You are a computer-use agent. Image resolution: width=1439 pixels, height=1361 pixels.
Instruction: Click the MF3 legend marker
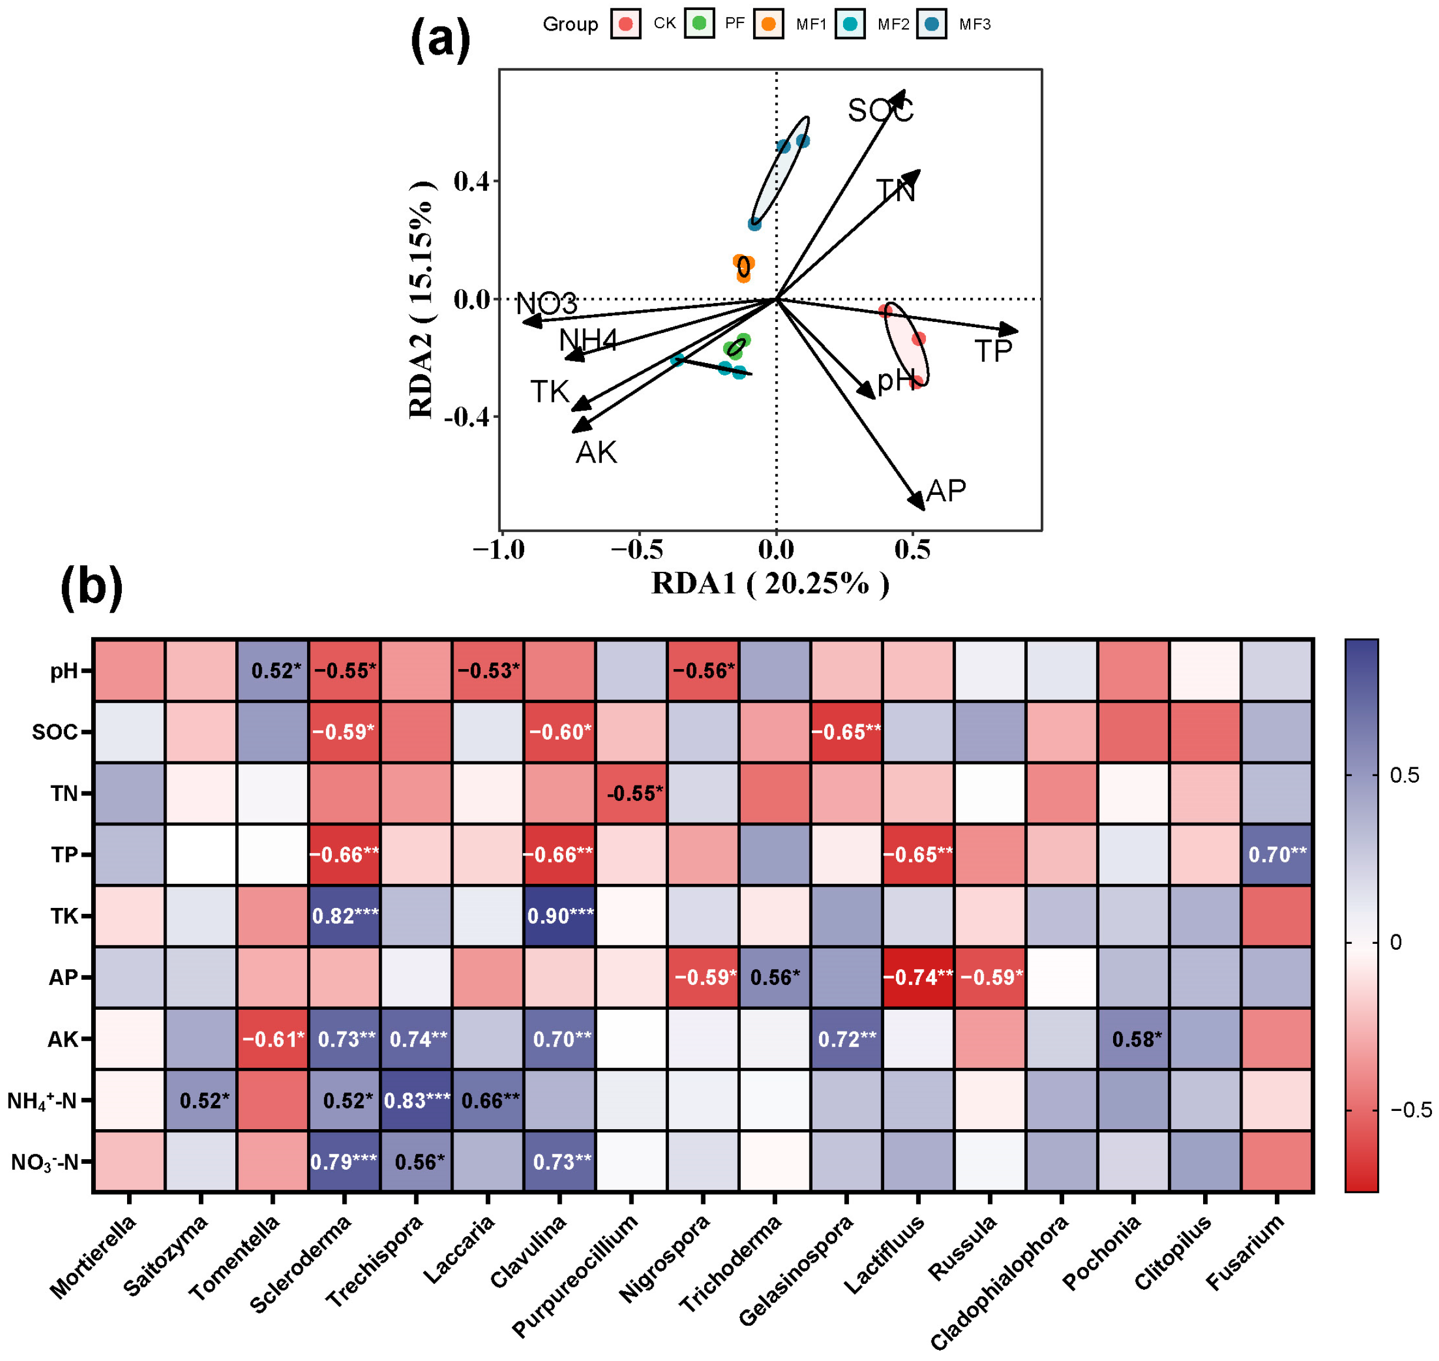pos(932,24)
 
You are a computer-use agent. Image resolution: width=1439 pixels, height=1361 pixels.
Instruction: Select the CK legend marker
pos(625,24)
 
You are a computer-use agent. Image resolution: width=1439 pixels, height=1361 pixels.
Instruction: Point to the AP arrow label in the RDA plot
pos(946,491)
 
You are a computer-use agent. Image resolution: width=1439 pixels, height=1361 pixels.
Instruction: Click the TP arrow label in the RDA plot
pos(993,351)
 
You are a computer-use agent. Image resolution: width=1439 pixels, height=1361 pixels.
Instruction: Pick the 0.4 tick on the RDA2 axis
pos(471,181)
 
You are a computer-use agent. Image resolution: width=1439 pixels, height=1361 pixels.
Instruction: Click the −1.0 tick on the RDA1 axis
pos(499,550)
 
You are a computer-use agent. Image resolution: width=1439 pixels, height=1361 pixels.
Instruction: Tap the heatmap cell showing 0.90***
pos(560,916)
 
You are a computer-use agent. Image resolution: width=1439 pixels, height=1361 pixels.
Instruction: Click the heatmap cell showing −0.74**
pos(918,977)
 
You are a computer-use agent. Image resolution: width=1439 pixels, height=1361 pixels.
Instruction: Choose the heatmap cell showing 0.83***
pos(417,1100)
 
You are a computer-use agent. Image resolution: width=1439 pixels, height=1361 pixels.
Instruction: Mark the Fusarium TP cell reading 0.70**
pos(1277,854)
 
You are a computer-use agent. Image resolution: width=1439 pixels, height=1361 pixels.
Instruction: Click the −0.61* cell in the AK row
pos(273,1039)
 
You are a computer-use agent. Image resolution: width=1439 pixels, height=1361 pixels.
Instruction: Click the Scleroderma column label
pos(301,1264)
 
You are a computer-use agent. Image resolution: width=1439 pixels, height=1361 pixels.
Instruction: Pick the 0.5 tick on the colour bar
pos(1404,775)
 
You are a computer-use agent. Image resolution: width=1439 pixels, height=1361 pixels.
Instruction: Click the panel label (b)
pos(92,586)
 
